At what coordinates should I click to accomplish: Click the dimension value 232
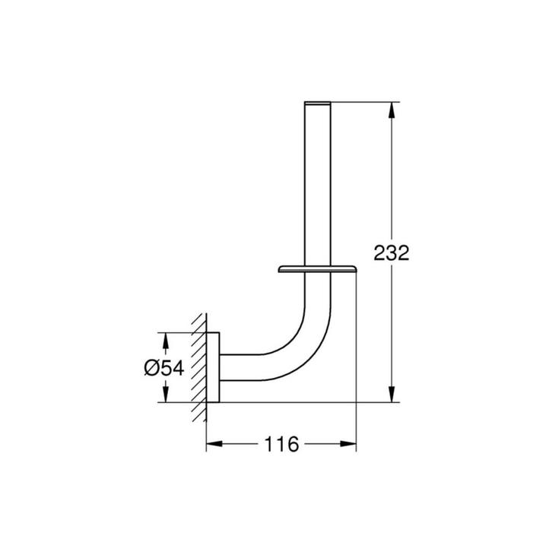391,253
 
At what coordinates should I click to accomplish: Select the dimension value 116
281,444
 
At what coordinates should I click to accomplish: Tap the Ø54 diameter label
163,368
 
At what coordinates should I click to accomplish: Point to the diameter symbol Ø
150,368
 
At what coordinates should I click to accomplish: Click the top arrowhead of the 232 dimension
392,109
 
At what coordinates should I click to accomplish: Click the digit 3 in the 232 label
391,253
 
